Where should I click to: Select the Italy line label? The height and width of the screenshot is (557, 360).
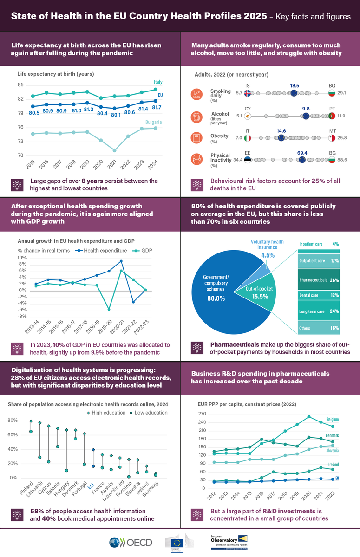pos(157,82)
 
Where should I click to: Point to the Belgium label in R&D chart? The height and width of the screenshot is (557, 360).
pos(333,407)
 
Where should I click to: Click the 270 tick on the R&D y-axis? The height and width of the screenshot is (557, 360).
pos(202,414)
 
